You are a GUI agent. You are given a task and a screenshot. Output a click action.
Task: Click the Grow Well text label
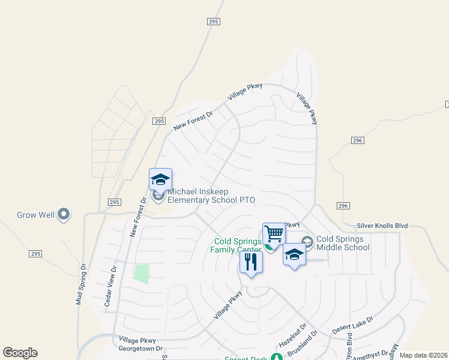[36, 215]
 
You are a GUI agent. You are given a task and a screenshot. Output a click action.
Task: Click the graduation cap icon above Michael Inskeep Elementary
[160, 179]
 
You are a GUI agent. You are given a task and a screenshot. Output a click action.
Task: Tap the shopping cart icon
[274, 232]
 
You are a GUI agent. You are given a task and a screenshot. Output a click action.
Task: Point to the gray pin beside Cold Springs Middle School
[307, 242]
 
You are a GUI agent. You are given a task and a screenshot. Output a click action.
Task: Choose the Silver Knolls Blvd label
[382, 226]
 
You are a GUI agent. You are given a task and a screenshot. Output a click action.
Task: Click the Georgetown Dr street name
[141, 348]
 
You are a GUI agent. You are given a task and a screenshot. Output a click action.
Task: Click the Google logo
[20, 353]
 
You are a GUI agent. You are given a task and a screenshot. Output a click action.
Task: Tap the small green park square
[140, 274]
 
